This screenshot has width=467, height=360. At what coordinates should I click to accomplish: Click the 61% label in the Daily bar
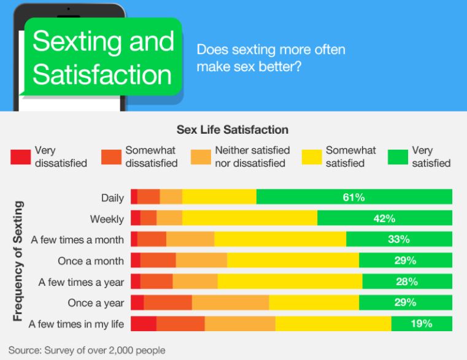coord(354,197)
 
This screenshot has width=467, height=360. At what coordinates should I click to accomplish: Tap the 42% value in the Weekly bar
coord(384,218)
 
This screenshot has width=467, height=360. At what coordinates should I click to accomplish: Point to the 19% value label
coord(422,324)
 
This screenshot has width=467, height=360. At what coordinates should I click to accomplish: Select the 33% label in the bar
coord(398,239)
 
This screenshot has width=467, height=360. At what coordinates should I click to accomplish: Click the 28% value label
coord(406,281)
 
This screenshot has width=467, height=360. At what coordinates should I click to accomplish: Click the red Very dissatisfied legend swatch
coord(20,157)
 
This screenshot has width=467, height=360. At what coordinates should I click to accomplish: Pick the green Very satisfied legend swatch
coord(397,157)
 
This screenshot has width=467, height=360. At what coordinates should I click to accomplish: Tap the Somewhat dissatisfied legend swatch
coord(110,157)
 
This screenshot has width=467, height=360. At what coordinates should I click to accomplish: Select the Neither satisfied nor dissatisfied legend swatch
coord(201,157)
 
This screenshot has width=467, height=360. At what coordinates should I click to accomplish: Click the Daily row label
coord(112,197)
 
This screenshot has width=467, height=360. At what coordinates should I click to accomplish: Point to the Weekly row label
coord(107,219)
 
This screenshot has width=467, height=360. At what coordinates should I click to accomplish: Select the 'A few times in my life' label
coord(76,324)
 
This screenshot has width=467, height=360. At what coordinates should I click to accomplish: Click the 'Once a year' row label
coord(96,303)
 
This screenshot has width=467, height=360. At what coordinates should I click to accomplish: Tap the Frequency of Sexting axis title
coord(18,261)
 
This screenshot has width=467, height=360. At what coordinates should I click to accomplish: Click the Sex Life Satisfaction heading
coord(233,130)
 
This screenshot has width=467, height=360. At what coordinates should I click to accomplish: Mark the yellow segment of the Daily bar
coord(219,197)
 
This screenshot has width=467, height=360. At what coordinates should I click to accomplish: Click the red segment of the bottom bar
coord(144,324)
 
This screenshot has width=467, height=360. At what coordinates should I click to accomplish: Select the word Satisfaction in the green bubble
coord(102,74)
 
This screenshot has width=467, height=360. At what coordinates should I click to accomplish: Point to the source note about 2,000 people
coord(87,350)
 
